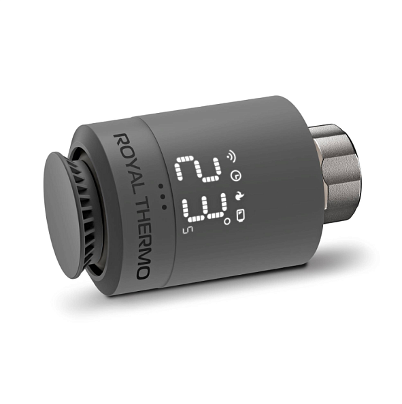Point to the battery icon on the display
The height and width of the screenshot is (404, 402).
click(x=241, y=216)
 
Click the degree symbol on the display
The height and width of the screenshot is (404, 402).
click(x=227, y=222)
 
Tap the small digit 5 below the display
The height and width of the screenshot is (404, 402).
click(x=186, y=230)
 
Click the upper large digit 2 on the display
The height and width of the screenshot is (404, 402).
click(x=198, y=169)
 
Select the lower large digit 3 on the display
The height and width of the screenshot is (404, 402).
click(x=204, y=207)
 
